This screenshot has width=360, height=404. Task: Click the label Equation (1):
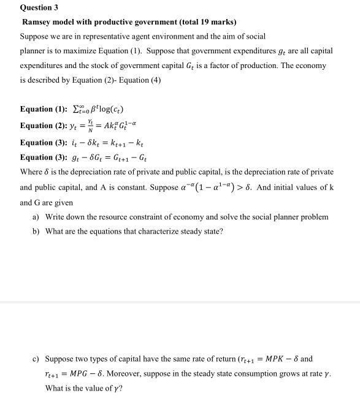[x=45, y=109]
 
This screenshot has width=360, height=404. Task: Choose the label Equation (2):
[x=45, y=126]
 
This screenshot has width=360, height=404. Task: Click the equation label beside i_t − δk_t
[x=45, y=142]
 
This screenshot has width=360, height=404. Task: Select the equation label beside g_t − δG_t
[x=45, y=157]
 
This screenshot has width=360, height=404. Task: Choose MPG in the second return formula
[x=83, y=373]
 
